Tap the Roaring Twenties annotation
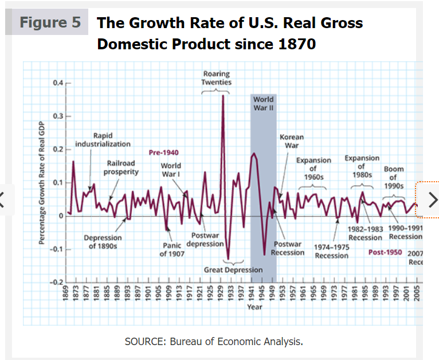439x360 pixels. point(216,78)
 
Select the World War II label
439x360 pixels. point(263,103)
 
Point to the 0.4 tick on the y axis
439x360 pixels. point(57,83)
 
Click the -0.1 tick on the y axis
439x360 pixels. point(54,249)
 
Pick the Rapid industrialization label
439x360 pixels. point(103,140)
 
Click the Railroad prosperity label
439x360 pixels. point(121,167)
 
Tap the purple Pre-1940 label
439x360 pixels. point(163,153)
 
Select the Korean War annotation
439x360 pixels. point(292,141)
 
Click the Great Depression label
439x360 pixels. point(233,269)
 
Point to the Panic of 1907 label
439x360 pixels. point(172,250)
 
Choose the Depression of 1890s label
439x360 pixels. point(103,242)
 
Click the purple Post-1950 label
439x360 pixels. point(385,252)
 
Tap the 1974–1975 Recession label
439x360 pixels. point(331,251)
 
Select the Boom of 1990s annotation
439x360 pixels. point(394,178)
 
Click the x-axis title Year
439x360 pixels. point(254,307)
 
